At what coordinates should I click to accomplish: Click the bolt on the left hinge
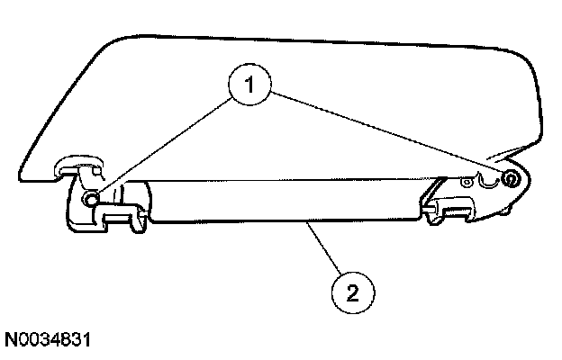(x=90, y=198)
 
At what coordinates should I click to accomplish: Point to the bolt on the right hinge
(x=510, y=179)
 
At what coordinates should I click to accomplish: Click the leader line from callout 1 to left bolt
(x=162, y=144)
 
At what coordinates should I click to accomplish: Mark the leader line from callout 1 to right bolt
(x=387, y=134)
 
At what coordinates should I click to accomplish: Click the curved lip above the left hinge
(x=76, y=163)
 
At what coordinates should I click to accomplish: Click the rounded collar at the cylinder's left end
(x=144, y=202)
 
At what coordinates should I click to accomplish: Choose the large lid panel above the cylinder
(x=297, y=99)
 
